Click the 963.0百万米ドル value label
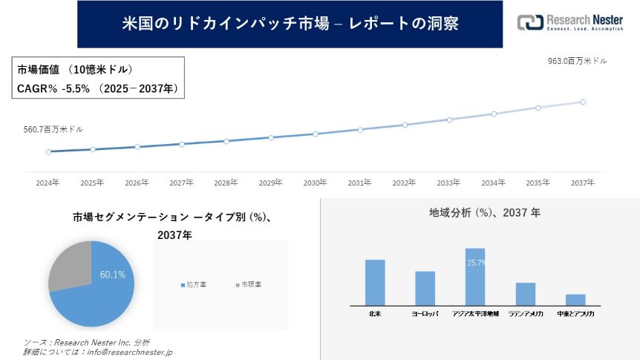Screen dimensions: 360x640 (577, 62)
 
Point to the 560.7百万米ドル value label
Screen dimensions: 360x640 (53, 129)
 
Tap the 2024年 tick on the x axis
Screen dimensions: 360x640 (48, 183)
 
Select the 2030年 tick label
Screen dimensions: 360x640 (315, 183)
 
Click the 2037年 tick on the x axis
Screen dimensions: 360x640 (583, 183)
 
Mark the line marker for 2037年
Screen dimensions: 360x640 (583, 102)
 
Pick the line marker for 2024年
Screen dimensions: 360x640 (48, 151)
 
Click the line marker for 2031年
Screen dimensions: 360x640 (360, 129)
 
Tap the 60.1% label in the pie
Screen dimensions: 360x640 (113, 275)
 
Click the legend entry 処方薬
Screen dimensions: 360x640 (195, 284)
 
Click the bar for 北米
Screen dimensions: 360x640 (375, 281)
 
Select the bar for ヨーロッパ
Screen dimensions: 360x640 (425, 287)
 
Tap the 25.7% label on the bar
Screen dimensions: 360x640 (476, 263)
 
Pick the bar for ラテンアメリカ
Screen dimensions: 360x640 (526, 293)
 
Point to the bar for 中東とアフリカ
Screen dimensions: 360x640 (575, 299)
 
